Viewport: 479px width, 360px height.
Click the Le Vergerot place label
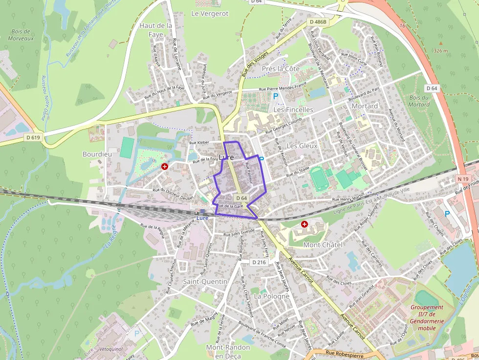point(210,14)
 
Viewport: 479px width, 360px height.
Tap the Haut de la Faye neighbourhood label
point(156,29)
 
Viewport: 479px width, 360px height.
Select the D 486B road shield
point(318,22)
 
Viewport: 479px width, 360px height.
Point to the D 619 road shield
point(33,138)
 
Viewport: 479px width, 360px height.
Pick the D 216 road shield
point(260,262)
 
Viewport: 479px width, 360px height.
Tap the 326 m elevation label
point(440,50)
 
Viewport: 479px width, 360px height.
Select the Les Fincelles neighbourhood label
point(293,110)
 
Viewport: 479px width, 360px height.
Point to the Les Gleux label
point(302,146)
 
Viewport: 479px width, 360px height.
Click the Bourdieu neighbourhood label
point(97,154)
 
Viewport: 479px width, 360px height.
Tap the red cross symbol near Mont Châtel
point(305,224)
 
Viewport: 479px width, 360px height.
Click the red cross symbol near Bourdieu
point(165,167)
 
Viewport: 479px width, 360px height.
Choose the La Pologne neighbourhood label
point(272,296)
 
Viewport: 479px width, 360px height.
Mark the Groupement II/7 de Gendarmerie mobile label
point(427,318)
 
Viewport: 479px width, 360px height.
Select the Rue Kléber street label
point(199,143)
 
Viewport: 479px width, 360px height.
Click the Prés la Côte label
point(281,69)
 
